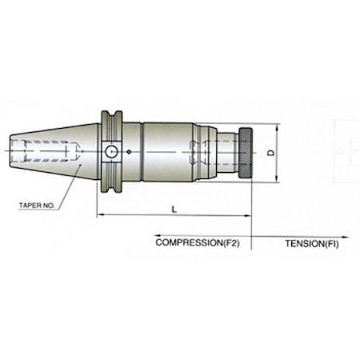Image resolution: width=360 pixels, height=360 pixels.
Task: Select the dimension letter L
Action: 174,208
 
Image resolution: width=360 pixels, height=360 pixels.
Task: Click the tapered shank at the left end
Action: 56,150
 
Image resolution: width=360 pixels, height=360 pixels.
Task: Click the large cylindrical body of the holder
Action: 168,150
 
